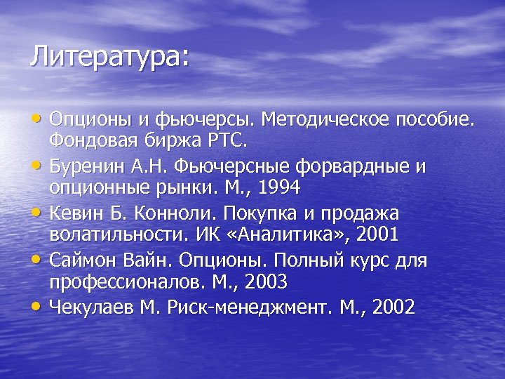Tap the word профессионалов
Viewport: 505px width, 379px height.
[x=125, y=282]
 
